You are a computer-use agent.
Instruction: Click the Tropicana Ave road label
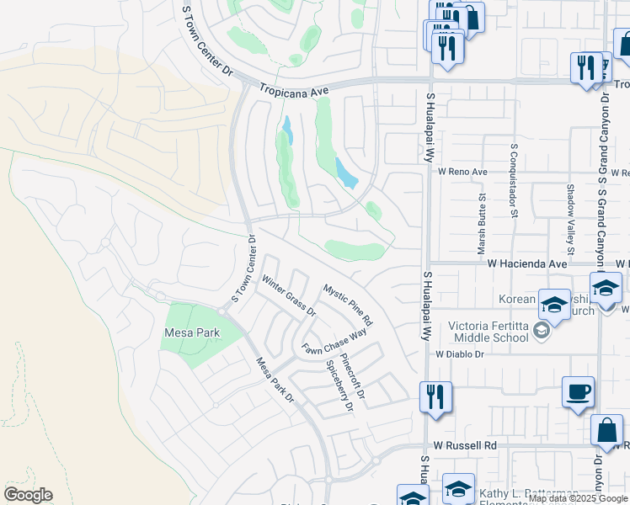(x=294, y=88)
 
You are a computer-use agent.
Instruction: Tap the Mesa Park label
(x=191, y=333)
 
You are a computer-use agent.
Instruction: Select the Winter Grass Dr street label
(x=288, y=295)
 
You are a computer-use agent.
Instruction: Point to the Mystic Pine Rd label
(x=348, y=305)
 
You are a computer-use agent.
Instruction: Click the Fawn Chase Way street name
(x=335, y=341)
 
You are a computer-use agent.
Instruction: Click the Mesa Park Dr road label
(x=275, y=379)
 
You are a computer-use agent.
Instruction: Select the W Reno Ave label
(x=462, y=172)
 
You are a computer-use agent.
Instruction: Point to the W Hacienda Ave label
(x=528, y=263)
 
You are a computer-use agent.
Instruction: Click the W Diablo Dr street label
(x=460, y=354)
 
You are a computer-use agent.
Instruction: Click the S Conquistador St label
(x=513, y=180)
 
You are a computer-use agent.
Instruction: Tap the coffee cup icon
(x=578, y=393)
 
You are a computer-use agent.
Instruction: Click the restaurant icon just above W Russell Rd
(x=435, y=396)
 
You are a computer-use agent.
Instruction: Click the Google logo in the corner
(x=28, y=494)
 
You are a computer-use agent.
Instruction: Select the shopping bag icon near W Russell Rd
(x=606, y=431)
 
